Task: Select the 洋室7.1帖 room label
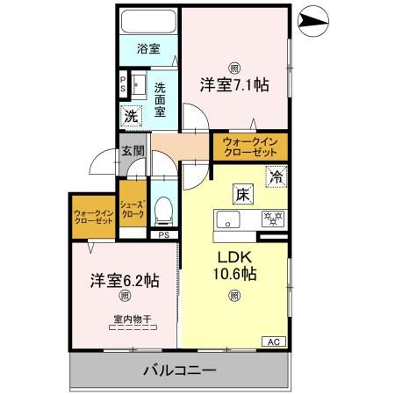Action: [233, 85]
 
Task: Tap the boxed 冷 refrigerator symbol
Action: [275, 175]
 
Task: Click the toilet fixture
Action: [162, 210]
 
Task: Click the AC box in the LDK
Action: [273, 341]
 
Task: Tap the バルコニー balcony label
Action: [179, 370]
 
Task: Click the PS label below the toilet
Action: [163, 235]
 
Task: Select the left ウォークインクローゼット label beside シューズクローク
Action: [92, 216]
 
